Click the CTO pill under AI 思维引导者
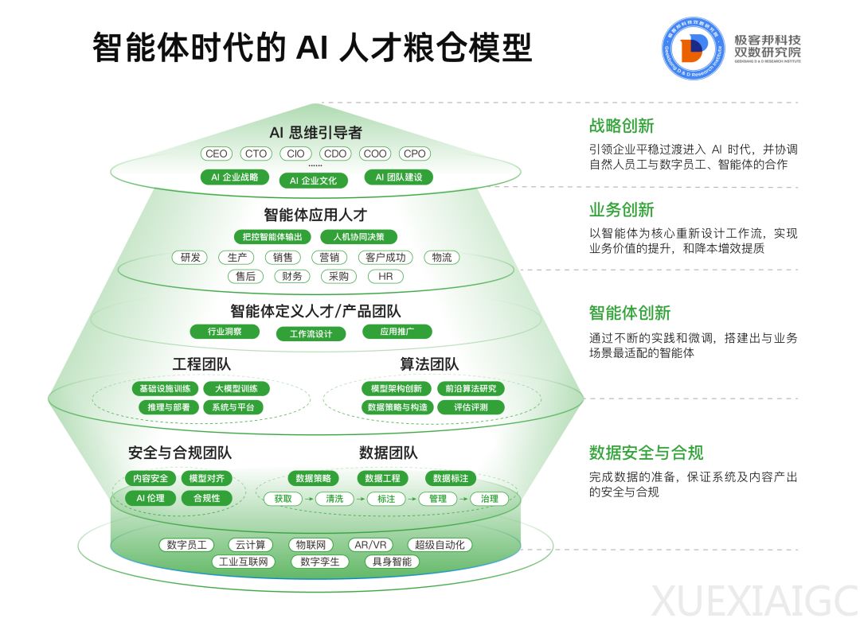[256, 154]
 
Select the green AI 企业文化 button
[313, 181]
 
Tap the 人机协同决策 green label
[358, 236]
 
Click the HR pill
[385, 276]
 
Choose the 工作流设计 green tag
[311, 333]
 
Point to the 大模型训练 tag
[236, 389]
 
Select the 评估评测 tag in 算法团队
[471, 407]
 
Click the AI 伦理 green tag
[150, 498]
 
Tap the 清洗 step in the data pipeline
[334, 499]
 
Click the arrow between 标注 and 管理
[412, 499]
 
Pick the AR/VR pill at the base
[370, 545]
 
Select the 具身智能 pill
[392, 562]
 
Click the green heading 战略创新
[621, 126]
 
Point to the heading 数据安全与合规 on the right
[646, 453]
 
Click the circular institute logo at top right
[694, 49]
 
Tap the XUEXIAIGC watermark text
[754, 601]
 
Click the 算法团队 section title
[429, 364]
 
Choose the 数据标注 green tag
[451, 478]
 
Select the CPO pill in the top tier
[414, 154]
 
